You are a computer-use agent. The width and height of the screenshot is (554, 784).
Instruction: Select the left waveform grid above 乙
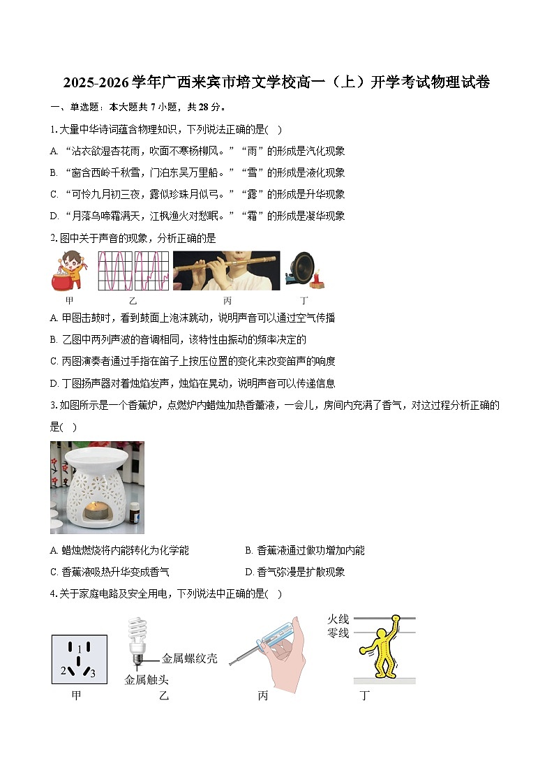[114, 271]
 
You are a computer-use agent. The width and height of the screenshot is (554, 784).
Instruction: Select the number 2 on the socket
[63, 671]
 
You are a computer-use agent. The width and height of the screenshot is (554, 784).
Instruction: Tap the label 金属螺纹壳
[189, 658]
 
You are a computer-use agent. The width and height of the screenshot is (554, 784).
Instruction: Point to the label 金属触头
[147, 679]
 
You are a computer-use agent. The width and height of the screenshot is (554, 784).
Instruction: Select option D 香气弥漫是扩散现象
[295, 572]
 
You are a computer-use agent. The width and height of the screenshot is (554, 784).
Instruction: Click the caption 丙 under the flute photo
[227, 301]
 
